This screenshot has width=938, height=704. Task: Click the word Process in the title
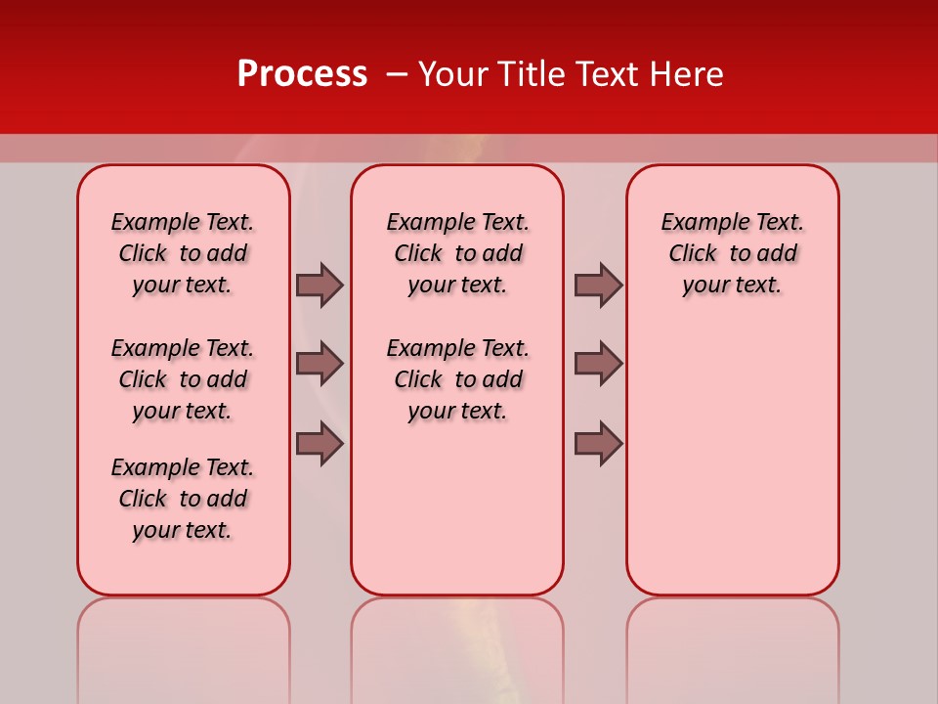[302, 73]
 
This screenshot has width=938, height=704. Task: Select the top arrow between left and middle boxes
[320, 285]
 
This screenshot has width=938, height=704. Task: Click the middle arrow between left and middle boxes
[320, 364]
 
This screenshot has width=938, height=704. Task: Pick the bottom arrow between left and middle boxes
[320, 444]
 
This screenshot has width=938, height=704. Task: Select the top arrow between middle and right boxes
[598, 285]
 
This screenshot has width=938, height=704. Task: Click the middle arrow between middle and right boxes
[598, 364]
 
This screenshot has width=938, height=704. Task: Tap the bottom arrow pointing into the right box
[598, 444]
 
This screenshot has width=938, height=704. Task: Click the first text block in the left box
[183, 253]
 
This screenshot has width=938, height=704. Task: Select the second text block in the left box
[183, 379]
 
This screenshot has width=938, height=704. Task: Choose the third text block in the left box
[183, 499]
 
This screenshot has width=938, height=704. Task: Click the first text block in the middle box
[457, 253]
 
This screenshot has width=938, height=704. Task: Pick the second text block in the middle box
[457, 379]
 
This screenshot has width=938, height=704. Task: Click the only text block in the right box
[732, 253]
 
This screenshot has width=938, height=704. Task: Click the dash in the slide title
[397, 74]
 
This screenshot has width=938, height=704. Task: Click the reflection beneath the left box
[184, 645]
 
